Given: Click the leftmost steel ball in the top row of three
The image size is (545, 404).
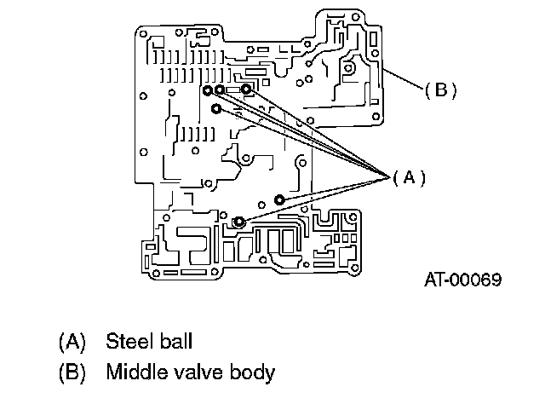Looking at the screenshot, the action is point(208,90).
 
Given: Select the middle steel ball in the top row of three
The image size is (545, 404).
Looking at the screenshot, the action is point(220,89).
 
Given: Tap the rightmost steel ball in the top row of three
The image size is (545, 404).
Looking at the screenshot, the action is point(246,89).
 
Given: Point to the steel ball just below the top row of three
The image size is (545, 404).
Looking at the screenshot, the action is point(216,109).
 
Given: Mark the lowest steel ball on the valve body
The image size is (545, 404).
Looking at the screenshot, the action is point(238,222).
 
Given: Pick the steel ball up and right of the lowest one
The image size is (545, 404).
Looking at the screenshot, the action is point(279,199).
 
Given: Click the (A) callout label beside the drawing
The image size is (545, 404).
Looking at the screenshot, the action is point(409,178).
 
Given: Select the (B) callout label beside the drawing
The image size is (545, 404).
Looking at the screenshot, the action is point(441,90).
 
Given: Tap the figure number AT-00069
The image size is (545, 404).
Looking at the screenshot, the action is point(463,280).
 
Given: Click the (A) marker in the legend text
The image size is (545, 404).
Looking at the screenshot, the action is point(72,342).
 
